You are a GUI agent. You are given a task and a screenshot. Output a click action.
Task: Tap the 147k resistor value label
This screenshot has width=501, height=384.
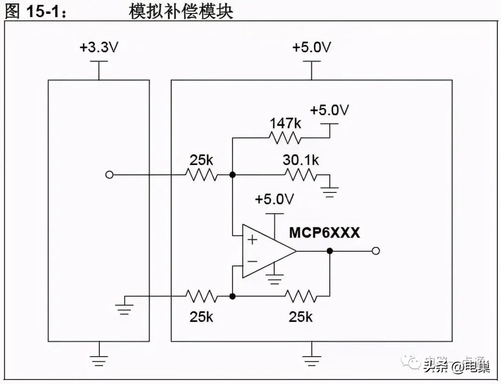285,123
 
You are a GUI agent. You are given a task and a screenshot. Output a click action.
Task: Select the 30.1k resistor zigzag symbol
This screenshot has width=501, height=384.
301,175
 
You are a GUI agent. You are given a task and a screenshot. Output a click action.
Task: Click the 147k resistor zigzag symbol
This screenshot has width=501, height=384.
284,138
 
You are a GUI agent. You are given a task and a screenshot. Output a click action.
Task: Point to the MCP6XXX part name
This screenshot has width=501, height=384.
324,232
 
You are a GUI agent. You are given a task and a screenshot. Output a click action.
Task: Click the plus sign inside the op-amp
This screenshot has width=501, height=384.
252,240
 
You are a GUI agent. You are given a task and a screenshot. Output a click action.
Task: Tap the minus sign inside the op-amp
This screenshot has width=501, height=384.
252,261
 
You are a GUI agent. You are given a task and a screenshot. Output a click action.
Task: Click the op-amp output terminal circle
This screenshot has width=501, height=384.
376,251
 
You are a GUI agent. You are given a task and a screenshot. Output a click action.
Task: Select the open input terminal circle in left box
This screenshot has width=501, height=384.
109,175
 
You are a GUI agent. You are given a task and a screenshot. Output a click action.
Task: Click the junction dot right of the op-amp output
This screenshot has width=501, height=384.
329,251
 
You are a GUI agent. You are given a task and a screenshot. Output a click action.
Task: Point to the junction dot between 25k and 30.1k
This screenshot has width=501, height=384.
232,175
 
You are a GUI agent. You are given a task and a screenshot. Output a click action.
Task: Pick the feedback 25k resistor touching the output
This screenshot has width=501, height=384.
301,295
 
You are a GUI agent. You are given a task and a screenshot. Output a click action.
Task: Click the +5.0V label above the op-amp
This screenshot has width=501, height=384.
275,200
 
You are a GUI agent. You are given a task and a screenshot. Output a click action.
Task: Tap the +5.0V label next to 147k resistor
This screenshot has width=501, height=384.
329,110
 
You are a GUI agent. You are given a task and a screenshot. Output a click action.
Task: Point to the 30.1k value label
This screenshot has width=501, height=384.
301,160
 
